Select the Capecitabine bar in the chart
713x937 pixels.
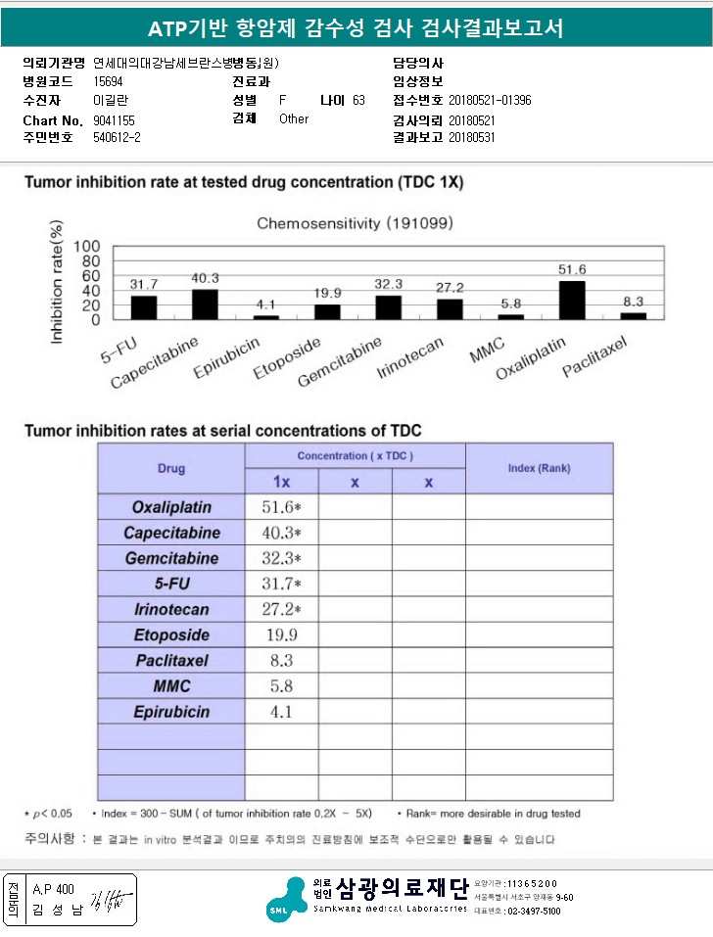205,305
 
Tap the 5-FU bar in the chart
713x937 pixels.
144,307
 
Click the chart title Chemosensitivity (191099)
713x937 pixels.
355,223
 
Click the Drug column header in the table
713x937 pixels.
170,468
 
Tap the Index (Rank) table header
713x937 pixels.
539,468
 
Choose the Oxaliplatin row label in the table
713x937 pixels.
171,507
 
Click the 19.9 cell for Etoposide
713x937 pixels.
281,634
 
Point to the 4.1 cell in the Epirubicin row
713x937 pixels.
281,712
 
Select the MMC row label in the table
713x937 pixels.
171,686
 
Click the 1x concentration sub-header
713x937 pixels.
281,482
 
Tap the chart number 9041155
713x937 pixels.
114,119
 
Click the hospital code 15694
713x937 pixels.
108,82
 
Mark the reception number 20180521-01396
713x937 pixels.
490,101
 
